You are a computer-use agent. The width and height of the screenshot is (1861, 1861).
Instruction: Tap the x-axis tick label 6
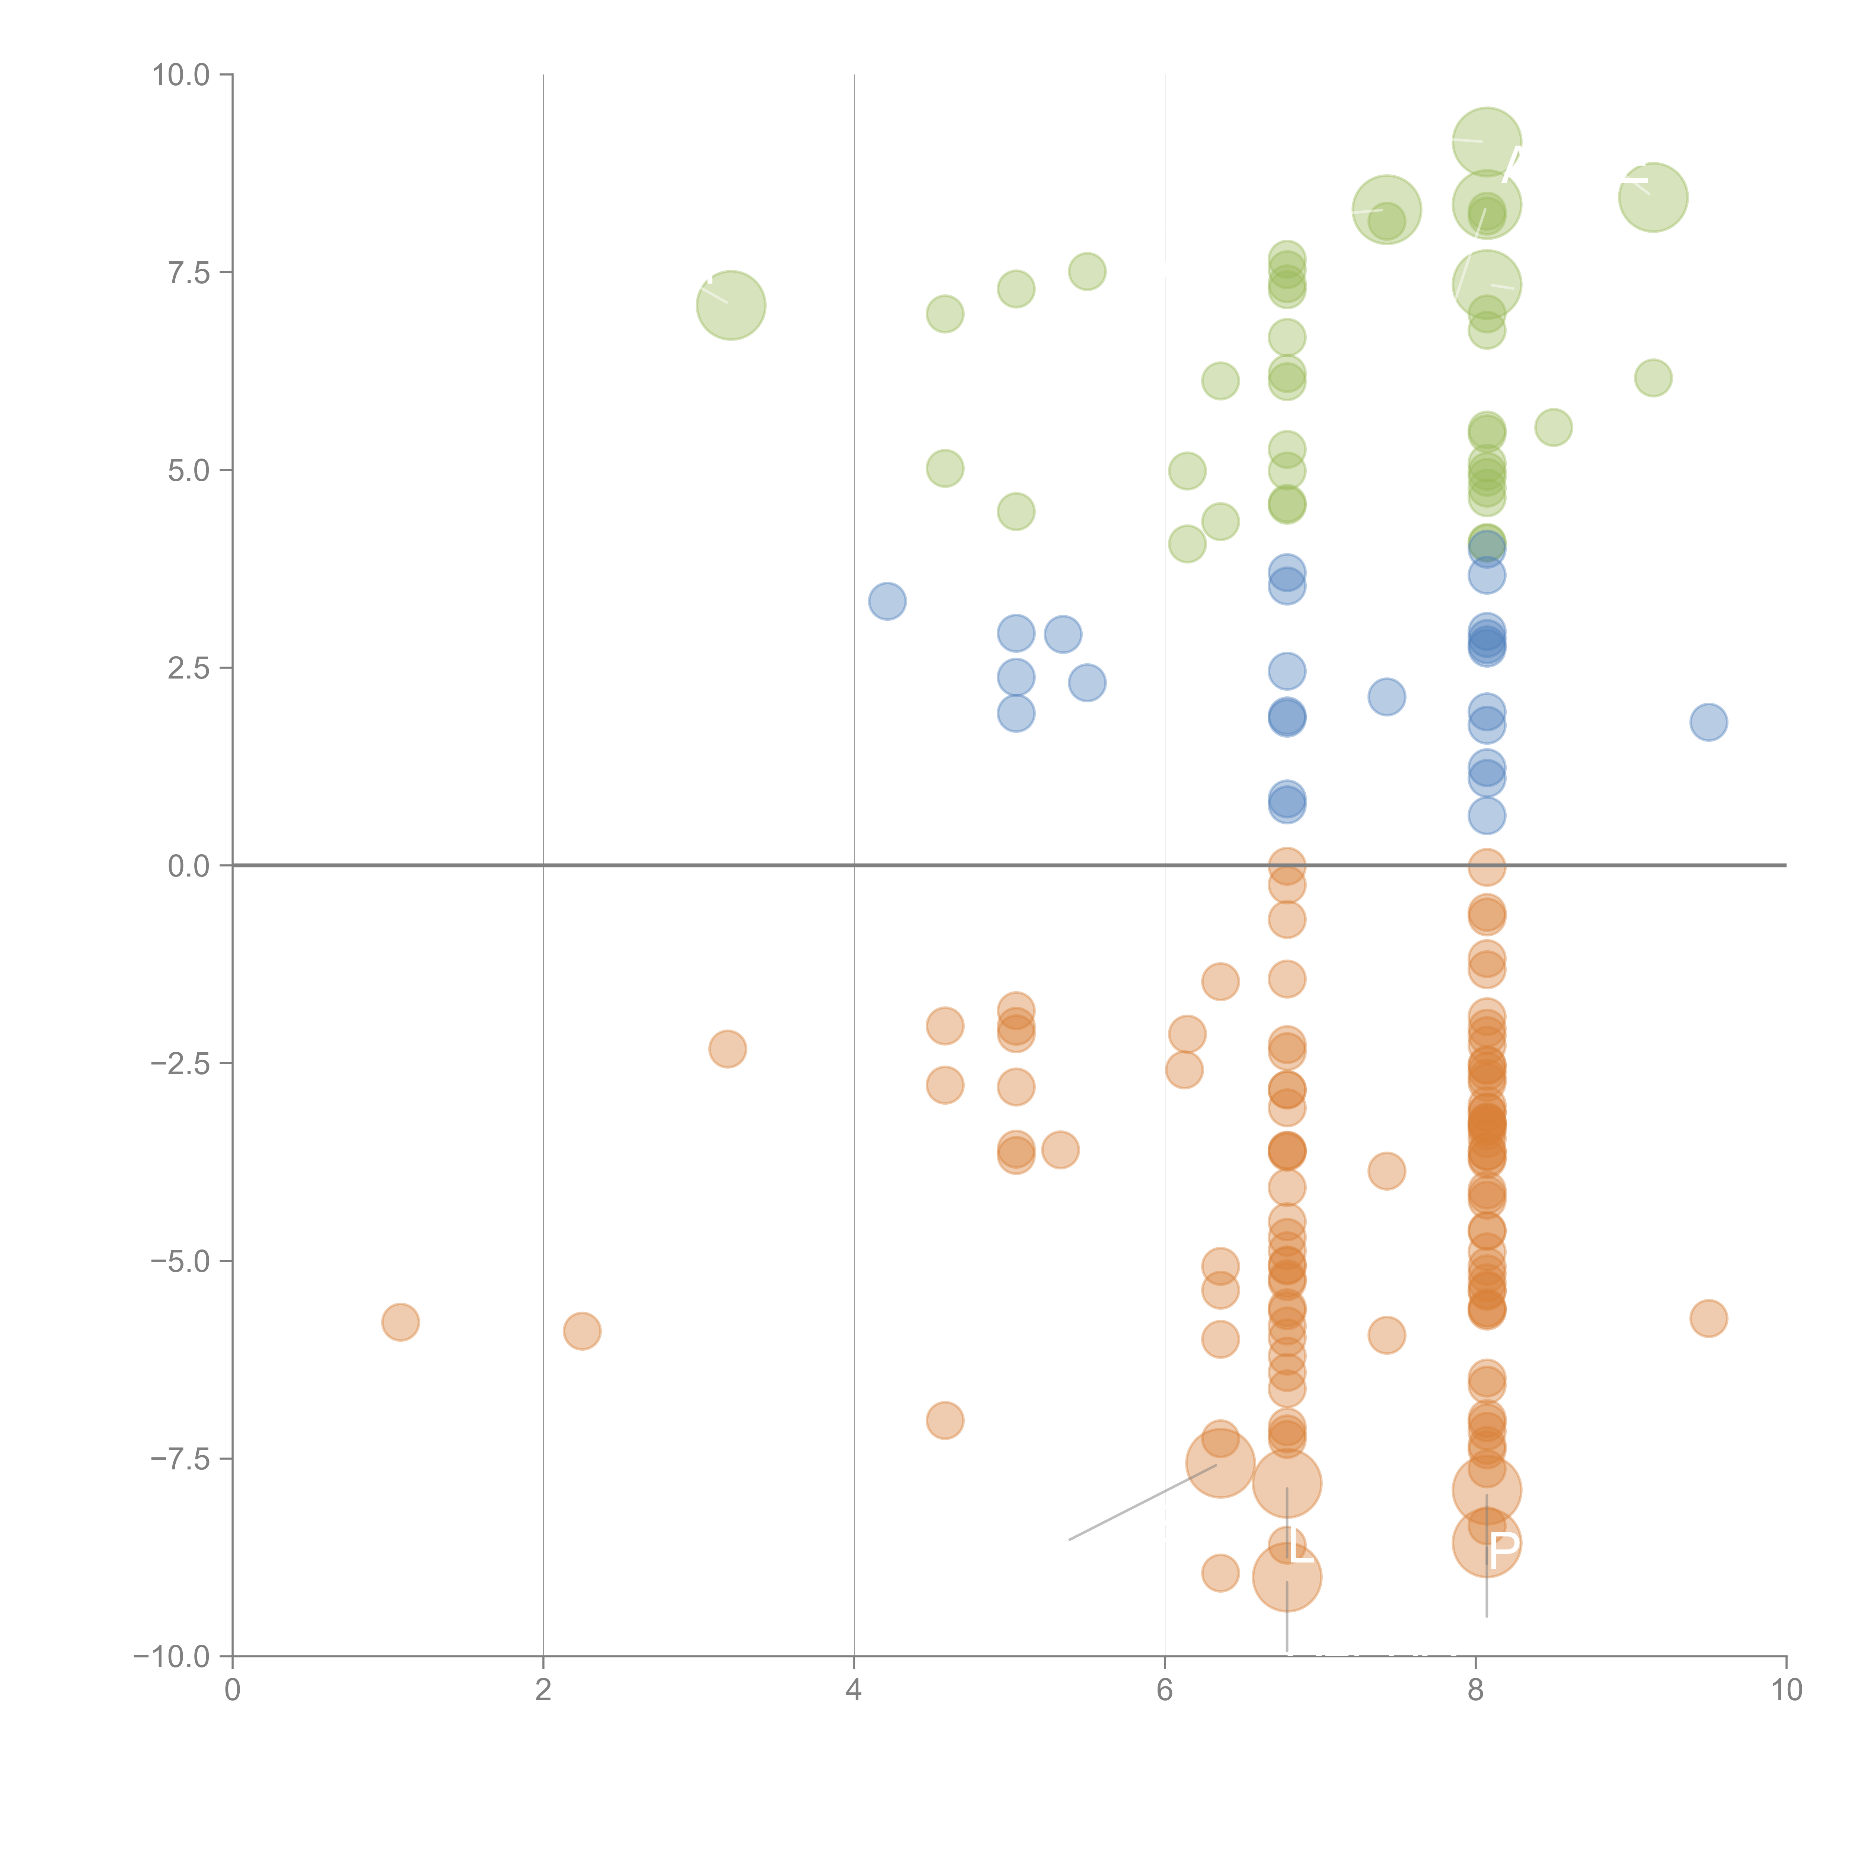(1165, 1689)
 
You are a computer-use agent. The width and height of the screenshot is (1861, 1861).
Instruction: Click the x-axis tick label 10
(1786, 1689)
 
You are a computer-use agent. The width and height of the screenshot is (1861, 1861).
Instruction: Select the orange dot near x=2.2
(582, 1331)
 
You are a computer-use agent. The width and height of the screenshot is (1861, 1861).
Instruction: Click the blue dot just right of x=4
(886, 601)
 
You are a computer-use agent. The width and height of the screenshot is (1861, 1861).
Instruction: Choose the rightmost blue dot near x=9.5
(1708, 721)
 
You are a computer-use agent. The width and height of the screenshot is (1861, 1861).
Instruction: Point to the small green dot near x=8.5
(1553, 427)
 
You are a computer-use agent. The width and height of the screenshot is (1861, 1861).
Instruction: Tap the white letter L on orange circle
(1299, 1548)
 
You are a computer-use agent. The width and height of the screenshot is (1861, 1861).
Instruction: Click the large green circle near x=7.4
(1386, 210)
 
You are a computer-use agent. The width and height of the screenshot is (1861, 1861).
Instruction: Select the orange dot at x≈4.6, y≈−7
(944, 1420)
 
